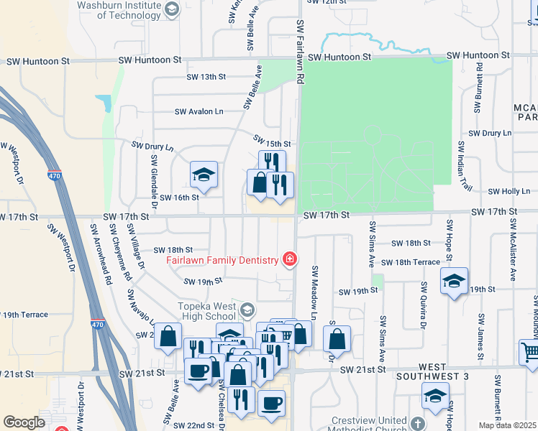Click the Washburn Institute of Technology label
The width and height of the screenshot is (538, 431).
click(x=118, y=9)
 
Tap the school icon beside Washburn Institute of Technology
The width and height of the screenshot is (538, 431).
click(x=171, y=9)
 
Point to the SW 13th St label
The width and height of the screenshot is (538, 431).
click(x=206, y=77)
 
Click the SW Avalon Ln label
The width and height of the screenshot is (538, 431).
click(x=199, y=111)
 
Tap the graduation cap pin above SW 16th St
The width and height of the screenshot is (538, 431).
click(x=204, y=175)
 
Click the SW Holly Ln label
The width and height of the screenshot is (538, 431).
click(x=509, y=192)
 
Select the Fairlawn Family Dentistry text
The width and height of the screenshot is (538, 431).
click(x=222, y=260)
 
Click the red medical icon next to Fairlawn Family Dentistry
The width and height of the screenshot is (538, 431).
click(x=290, y=259)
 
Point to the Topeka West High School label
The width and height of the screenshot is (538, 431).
click(x=207, y=311)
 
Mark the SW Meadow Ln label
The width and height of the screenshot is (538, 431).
click(x=314, y=292)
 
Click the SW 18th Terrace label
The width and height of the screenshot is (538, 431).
click(x=411, y=263)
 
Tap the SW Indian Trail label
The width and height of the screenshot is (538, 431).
click(x=464, y=166)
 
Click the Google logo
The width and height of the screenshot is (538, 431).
click(x=24, y=422)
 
